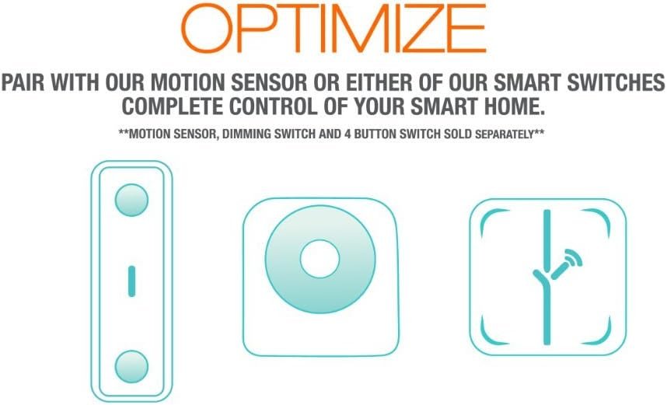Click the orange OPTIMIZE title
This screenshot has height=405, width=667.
pos(333,28)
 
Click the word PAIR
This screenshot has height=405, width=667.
pos(23,82)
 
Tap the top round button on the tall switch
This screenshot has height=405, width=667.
pos(131,200)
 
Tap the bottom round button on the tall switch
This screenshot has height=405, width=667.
pos(131,367)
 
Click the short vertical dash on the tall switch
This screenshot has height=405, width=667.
pos(131,281)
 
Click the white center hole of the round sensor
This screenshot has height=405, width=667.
pos(320,259)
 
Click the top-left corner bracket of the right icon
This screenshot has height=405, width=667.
pos(489,218)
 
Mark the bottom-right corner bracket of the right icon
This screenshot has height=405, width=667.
pos(602,337)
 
